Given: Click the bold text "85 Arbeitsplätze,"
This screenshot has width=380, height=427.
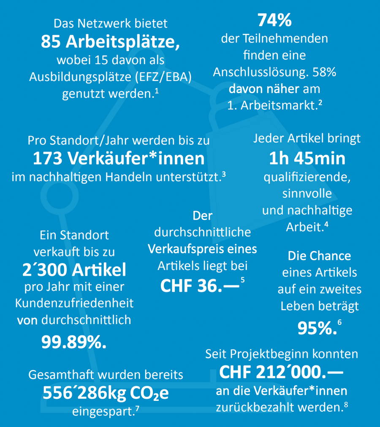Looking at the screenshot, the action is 111,42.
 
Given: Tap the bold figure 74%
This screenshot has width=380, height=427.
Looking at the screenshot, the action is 275,20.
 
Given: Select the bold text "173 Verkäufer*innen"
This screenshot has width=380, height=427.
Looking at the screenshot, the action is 119,158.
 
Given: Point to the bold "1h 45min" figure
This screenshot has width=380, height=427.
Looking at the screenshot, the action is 307,158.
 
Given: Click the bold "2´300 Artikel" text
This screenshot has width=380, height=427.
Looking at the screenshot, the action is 74,270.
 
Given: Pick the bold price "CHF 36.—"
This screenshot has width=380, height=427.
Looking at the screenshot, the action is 200,286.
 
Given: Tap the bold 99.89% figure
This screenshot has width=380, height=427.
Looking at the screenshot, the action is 74,342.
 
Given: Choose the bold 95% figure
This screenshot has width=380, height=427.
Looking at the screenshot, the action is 317,328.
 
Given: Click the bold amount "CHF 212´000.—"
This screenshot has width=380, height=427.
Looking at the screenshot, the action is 281,372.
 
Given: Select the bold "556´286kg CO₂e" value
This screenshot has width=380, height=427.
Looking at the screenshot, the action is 106,393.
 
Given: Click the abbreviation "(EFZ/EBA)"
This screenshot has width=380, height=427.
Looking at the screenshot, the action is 163,77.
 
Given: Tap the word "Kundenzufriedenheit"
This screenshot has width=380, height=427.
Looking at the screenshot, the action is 74,303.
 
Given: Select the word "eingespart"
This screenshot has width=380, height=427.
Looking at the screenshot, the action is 103,411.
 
